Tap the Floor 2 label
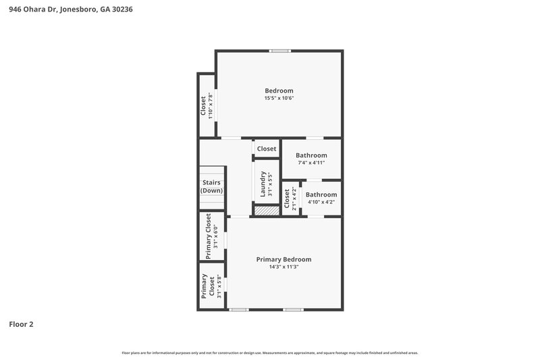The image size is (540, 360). click(x=21, y=324)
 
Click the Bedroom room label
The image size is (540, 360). click(x=279, y=91)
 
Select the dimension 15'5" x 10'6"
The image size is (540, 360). click(x=279, y=99)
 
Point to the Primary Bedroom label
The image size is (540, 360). click(x=283, y=259)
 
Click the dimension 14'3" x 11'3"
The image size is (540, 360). click(x=283, y=267)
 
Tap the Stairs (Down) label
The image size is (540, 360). click(x=211, y=186)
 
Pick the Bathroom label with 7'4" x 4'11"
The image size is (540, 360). click(x=311, y=155)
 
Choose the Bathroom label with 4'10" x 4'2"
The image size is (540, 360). click(x=322, y=195)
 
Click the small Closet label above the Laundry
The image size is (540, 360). click(x=266, y=149)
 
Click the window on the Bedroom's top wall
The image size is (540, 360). click(x=279, y=51)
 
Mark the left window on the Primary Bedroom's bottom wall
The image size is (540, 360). click(x=238, y=310)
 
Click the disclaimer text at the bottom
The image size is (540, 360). click(x=270, y=353)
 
